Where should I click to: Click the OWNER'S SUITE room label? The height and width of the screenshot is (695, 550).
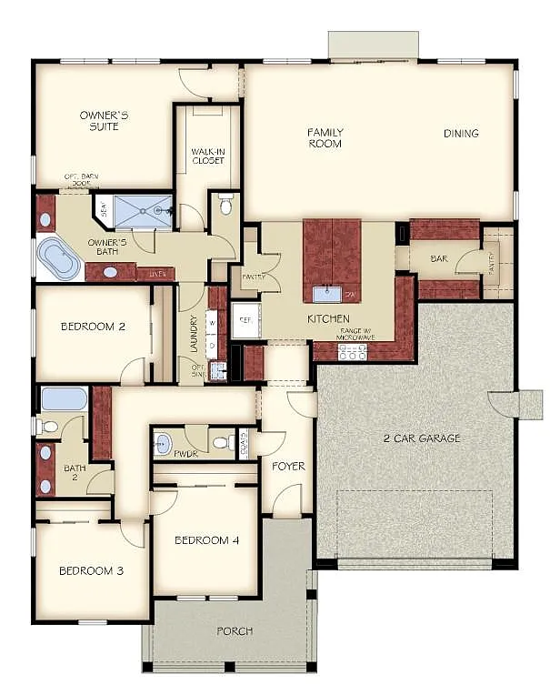[104, 121]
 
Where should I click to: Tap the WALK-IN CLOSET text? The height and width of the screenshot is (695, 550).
[208, 156]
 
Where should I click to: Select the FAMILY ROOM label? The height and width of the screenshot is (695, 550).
[325, 137]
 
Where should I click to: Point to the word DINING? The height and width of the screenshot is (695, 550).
[461, 134]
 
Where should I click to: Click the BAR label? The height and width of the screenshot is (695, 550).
[439, 259]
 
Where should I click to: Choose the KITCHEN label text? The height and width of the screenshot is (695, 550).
[328, 318]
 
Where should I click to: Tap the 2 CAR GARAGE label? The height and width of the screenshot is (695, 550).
[420, 438]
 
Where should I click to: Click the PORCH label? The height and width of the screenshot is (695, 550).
[235, 630]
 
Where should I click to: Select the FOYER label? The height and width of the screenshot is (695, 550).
[288, 467]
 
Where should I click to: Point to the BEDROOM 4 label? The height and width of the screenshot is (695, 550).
[207, 540]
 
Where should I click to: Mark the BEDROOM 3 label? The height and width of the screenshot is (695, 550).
[91, 571]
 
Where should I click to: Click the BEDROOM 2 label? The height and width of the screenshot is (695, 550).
[93, 327]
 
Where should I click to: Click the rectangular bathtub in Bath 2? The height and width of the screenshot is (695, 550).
[63, 398]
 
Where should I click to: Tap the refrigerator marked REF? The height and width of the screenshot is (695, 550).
[245, 320]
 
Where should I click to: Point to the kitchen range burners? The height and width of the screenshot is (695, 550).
[352, 351]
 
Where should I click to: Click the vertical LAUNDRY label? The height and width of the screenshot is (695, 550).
[193, 334]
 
